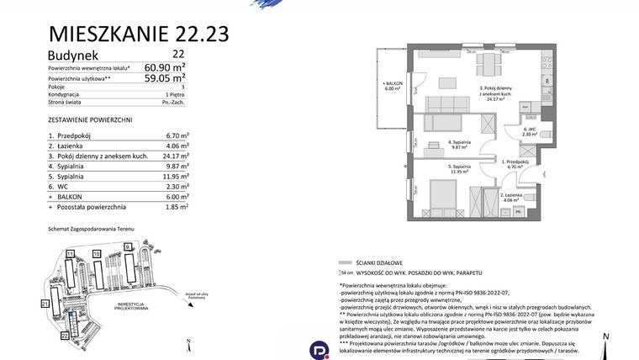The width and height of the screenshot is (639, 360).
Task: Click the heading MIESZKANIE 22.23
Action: tap(140, 34)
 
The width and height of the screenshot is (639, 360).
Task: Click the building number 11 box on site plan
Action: tap(71, 252)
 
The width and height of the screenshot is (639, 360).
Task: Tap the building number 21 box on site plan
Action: tap(44, 303)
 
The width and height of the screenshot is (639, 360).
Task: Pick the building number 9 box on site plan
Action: tap(127, 246)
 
